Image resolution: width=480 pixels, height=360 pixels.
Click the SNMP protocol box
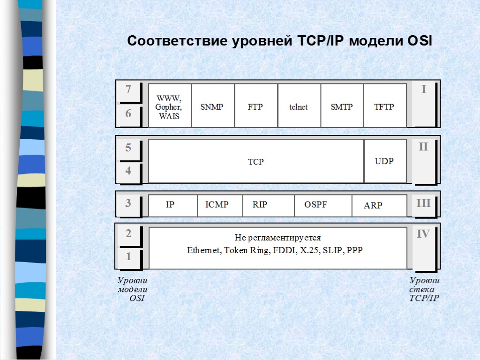tap(212, 107)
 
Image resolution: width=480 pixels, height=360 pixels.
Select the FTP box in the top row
tap(255, 107)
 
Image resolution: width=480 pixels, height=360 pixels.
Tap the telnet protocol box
tap(299, 107)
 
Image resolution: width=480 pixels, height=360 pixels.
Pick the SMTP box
tap(342, 107)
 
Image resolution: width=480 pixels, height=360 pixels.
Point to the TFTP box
tap(384, 107)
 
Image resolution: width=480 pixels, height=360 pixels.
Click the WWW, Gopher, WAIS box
tap(169, 107)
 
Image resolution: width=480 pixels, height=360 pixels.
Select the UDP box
tap(384, 161)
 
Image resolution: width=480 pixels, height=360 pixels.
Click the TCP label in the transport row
tap(256, 162)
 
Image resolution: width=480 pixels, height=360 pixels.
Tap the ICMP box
tap(217, 205)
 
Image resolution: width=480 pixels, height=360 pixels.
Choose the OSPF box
tap(315, 205)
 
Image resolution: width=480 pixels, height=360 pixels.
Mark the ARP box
tap(373, 205)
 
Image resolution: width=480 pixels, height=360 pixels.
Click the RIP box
tap(260, 205)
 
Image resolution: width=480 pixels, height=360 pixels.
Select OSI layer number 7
tap(128, 89)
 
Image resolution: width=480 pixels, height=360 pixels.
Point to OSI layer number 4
tap(128, 171)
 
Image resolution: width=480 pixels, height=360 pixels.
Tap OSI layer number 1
tap(128, 257)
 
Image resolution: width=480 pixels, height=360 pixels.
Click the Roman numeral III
tap(423, 203)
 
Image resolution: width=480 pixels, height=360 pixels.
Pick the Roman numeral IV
tap(423, 233)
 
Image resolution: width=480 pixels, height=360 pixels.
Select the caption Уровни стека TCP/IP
tap(424, 289)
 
